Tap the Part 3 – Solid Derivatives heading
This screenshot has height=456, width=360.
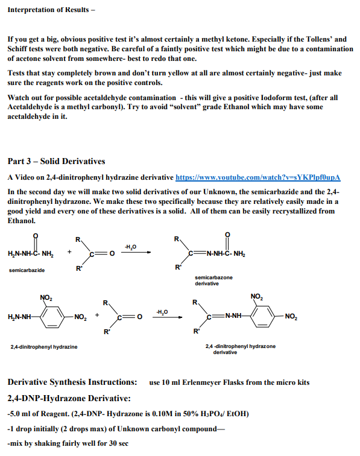pyautogui.click(x=56, y=162)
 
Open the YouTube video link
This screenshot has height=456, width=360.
pyautogui.click(x=258, y=177)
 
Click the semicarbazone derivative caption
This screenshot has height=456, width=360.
pyautogui.click(x=213, y=280)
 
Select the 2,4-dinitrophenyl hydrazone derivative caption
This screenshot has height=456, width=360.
pyautogui.click(x=240, y=349)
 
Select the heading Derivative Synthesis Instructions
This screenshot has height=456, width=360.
pyautogui.click(x=72, y=382)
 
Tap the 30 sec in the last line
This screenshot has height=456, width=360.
pyautogui.click(x=118, y=444)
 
